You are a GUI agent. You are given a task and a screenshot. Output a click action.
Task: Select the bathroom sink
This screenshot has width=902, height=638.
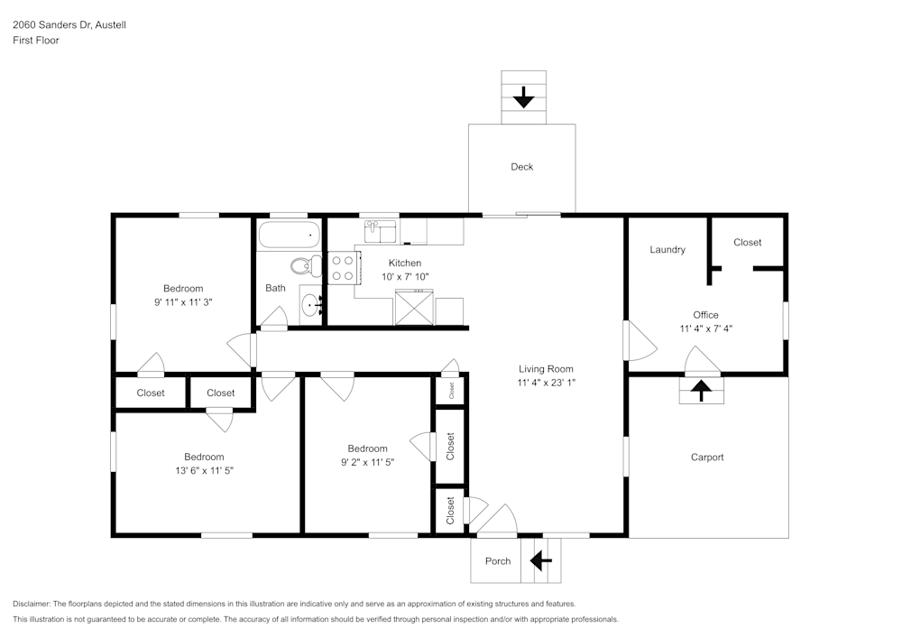click(x=311, y=304)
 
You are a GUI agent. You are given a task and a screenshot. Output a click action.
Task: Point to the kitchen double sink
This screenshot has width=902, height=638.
click(x=382, y=231)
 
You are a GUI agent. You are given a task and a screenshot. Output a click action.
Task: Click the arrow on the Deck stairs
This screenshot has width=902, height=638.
click(x=523, y=97)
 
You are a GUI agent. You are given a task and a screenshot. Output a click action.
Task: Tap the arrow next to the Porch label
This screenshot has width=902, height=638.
click(x=540, y=561)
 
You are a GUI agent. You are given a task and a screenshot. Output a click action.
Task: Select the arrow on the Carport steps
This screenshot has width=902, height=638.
click(x=701, y=391)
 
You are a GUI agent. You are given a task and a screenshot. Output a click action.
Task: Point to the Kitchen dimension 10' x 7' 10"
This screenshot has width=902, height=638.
click(x=405, y=277)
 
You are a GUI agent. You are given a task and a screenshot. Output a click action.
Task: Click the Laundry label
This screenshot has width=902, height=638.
click(x=667, y=250)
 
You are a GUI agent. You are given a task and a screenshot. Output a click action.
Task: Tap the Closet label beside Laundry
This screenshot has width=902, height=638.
click(x=747, y=243)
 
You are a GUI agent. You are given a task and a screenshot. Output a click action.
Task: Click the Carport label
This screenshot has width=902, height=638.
click(x=707, y=458)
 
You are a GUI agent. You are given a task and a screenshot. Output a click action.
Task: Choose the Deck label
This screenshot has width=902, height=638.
click(x=521, y=167)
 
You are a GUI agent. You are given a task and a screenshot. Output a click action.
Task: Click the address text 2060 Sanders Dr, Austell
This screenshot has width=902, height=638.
click(x=69, y=25)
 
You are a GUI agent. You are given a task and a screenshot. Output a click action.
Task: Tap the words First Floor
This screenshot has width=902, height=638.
click(x=36, y=41)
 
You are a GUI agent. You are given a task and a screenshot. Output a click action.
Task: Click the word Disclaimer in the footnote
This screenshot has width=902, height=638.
click(x=32, y=604)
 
